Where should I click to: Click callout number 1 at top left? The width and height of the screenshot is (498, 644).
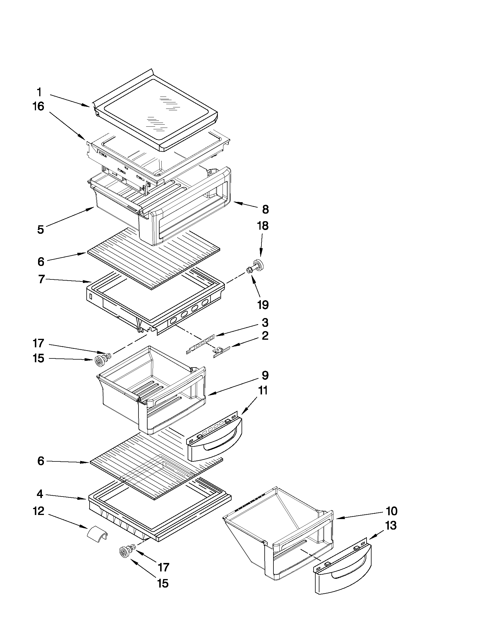[39, 92]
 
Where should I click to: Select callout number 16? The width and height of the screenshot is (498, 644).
[38, 106]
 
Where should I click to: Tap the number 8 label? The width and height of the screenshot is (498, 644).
[265, 209]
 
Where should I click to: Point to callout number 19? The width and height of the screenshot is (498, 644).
[263, 305]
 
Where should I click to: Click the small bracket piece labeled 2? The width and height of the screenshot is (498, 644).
[221, 351]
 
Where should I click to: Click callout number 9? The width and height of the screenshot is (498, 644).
[265, 375]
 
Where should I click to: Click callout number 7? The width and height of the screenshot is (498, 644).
[41, 279]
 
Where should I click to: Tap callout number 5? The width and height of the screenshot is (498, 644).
[40, 229]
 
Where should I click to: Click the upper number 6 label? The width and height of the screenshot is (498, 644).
[41, 261]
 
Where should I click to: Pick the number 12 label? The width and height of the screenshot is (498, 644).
[39, 511]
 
